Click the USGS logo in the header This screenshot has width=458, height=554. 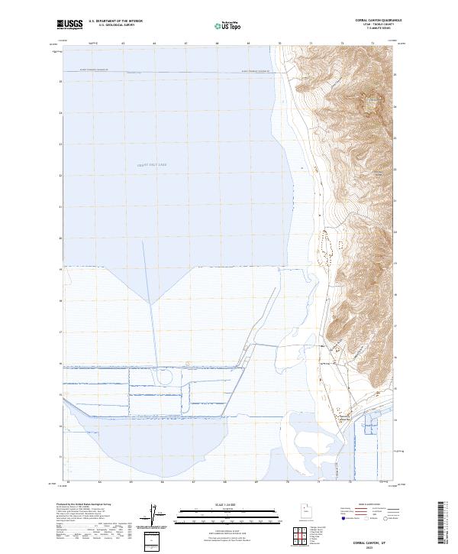(69, 24)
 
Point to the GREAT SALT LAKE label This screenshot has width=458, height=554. (151, 164)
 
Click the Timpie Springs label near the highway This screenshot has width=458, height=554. (343, 417)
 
